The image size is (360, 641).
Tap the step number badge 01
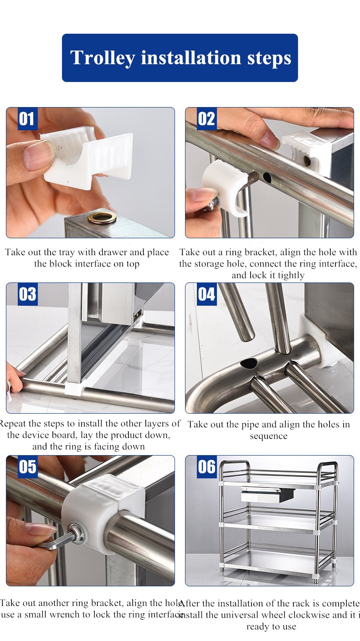click(x=27, y=119)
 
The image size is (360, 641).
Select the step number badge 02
click(x=206, y=119)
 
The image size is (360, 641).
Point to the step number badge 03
click(x=27, y=294)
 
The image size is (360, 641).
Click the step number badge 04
click(x=206, y=294)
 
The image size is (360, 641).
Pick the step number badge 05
click(x=27, y=467)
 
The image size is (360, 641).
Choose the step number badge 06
click(x=206, y=467)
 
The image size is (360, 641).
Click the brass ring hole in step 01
click(x=102, y=217)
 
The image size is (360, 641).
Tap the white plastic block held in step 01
click(x=91, y=157)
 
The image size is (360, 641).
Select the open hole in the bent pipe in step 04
click(x=249, y=363)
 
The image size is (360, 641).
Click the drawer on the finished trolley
click(x=267, y=494)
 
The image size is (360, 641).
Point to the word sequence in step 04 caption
click(x=268, y=436)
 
